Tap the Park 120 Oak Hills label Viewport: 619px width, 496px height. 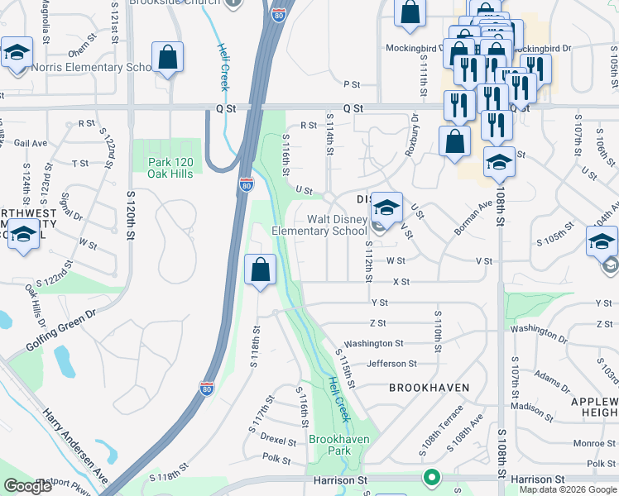tap(170, 168)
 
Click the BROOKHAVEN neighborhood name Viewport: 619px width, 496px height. tap(429, 388)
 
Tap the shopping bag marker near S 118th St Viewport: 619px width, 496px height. tap(261, 269)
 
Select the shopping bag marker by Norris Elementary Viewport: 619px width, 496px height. tap(168, 58)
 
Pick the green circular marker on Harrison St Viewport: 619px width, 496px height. tap(430, 477)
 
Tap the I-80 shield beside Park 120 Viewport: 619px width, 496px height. tap(246, 184)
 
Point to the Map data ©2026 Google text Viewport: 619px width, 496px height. tap(568, 489)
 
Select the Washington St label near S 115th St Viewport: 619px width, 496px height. tap(373, 343)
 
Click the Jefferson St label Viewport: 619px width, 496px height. tap(391, 364)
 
